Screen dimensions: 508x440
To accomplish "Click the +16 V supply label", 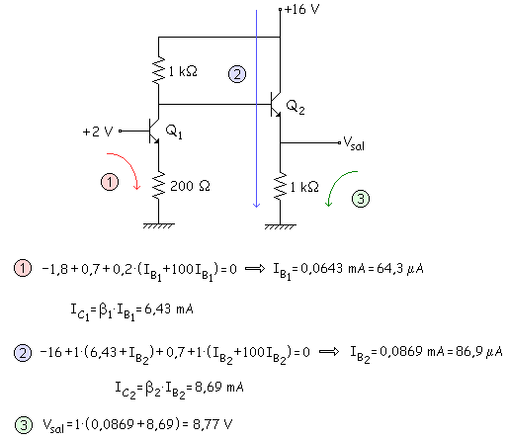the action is point(301,9).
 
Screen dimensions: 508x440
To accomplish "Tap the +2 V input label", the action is point(98,132).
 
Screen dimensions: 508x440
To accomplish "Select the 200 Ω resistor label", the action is point(190,186).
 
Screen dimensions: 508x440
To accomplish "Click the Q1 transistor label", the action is point(174,132).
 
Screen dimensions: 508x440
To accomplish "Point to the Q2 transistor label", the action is point(296,107).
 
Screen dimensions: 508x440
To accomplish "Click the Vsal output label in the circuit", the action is point(354,143).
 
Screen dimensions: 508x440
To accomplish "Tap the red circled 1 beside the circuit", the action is point(110,182).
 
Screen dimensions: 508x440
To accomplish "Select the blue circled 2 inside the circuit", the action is point(237,74).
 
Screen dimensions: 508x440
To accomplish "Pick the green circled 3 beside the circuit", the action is point(361,199).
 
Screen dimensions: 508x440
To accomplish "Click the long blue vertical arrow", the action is point(256,109).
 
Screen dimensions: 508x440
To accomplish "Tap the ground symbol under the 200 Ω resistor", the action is point(158,225).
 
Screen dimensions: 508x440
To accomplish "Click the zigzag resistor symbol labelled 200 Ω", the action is point(158,185).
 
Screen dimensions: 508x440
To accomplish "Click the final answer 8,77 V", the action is point(212,424).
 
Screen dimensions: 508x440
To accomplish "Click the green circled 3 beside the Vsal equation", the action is point(24,425).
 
